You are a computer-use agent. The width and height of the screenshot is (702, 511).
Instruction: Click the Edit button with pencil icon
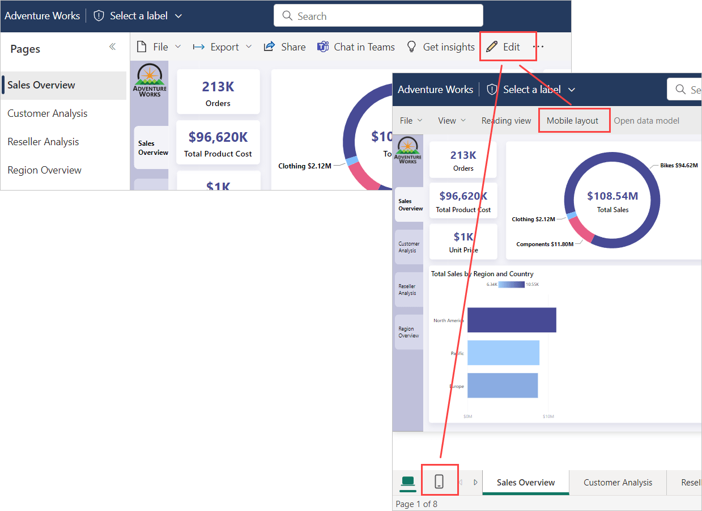[504, 47]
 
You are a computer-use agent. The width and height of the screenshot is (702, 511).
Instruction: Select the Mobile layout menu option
[572, 121]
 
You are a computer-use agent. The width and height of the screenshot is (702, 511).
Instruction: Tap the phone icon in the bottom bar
[439, 482]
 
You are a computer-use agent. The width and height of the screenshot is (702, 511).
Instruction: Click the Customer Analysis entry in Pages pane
[48, 113]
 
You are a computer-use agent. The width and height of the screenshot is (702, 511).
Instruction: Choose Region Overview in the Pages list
[44, 170]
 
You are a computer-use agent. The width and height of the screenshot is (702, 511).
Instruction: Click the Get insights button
[441, 47]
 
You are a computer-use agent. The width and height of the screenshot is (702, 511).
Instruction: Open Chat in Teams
[356, 47]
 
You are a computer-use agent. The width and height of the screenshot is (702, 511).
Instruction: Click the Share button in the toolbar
[285, 47]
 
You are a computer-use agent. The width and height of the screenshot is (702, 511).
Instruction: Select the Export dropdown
[222, 47]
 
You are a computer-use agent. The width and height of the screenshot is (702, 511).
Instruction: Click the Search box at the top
[378, 16]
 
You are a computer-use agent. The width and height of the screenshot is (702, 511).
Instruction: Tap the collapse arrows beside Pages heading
[112, 47]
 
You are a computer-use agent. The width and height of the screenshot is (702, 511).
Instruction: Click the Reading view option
[506, 121]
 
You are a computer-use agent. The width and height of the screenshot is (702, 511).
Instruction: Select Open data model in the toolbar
[646, 121]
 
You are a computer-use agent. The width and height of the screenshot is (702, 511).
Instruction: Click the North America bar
[511, 320]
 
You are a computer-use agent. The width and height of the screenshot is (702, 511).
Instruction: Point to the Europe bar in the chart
[502, 386]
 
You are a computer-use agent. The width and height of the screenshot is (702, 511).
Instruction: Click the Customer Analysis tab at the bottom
[618, 483]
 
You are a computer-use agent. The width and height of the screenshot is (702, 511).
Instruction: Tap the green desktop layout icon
[408, 482]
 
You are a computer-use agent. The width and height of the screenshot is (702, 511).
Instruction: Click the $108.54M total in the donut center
[612, 196]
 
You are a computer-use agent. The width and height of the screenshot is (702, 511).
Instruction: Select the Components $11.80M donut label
[544, 244]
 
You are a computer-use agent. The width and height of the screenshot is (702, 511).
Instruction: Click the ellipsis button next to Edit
[538, 47]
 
